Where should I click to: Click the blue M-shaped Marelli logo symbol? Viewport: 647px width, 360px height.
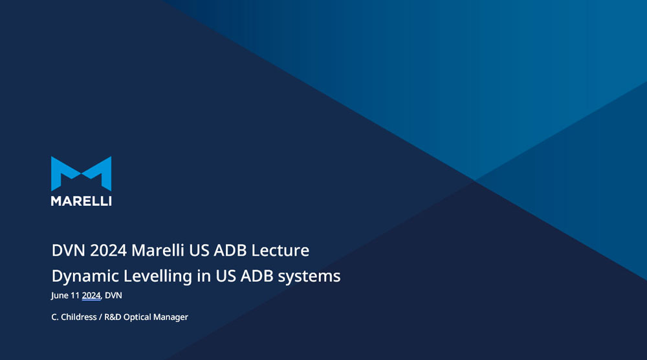[82, 174]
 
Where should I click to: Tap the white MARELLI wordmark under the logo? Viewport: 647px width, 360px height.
[82, 201]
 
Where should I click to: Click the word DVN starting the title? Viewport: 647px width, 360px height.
[69, 250]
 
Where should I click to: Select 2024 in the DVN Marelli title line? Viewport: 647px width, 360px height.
[108, 250]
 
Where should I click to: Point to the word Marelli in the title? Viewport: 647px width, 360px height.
[158, 250]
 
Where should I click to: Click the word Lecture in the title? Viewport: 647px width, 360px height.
[280, 250]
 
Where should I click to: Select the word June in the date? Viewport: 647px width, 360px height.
[60, 296]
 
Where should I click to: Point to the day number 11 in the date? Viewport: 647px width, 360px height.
[74, 295]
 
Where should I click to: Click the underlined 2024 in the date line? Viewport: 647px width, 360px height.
[91, 296]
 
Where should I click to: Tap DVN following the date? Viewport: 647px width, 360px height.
[113, 295]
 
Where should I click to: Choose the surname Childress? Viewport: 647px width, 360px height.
[79, 317]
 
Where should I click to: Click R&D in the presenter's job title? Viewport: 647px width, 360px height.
[113, 317]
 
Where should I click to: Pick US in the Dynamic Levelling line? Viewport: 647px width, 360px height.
[226, 276]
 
